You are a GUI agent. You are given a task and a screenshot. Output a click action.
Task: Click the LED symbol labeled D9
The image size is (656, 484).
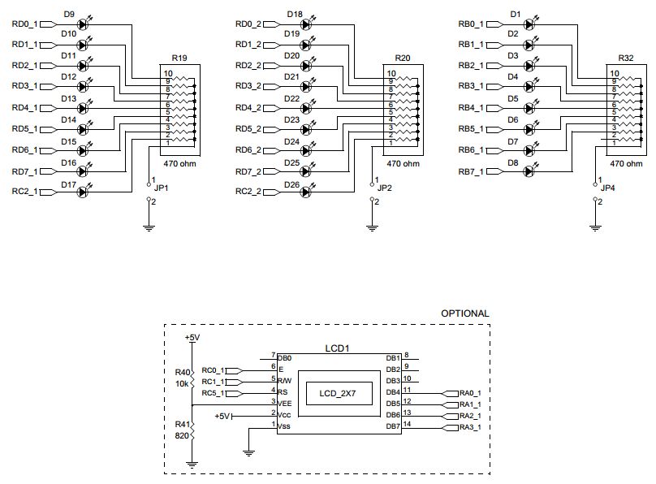82,24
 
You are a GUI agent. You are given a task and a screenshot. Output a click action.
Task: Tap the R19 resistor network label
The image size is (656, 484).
179,58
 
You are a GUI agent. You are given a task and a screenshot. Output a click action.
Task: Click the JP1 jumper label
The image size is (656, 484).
161,188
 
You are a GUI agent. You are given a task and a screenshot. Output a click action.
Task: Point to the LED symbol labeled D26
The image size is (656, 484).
306,192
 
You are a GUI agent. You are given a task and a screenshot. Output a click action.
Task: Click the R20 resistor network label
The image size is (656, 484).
403,58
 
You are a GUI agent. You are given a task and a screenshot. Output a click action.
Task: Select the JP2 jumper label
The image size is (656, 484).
384,188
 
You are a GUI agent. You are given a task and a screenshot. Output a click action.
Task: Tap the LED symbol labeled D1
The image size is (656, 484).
529,24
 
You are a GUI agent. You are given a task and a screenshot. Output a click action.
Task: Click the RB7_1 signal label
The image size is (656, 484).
470,171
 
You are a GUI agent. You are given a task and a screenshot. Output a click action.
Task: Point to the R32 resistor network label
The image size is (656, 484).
626,58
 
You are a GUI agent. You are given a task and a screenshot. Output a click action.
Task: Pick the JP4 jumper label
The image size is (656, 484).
607,188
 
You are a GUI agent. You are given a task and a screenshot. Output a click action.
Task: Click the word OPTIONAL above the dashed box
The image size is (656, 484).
464,313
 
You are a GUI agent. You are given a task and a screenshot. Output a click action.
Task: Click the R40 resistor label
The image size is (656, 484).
182,373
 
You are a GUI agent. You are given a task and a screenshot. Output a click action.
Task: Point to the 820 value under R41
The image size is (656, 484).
182,435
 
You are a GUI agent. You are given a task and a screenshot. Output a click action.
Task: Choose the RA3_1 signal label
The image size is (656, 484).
470,427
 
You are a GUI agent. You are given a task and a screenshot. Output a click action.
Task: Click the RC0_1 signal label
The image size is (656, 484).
213,369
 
